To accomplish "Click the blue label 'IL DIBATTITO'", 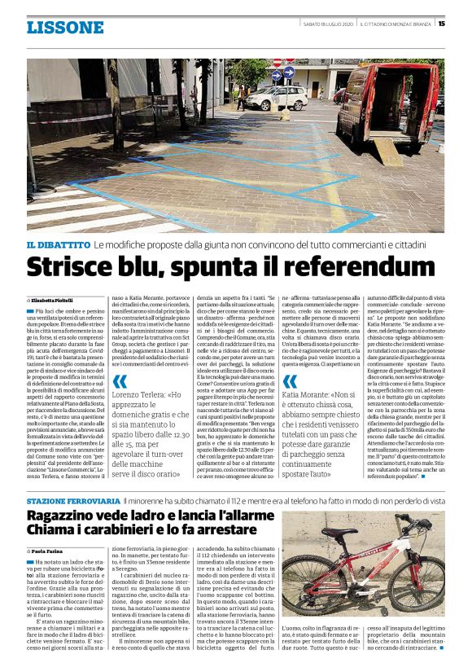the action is (x=58, y=243).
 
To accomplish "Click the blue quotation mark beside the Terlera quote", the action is (x=120, y=382).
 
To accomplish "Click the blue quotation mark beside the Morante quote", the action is (x=290, y=382).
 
